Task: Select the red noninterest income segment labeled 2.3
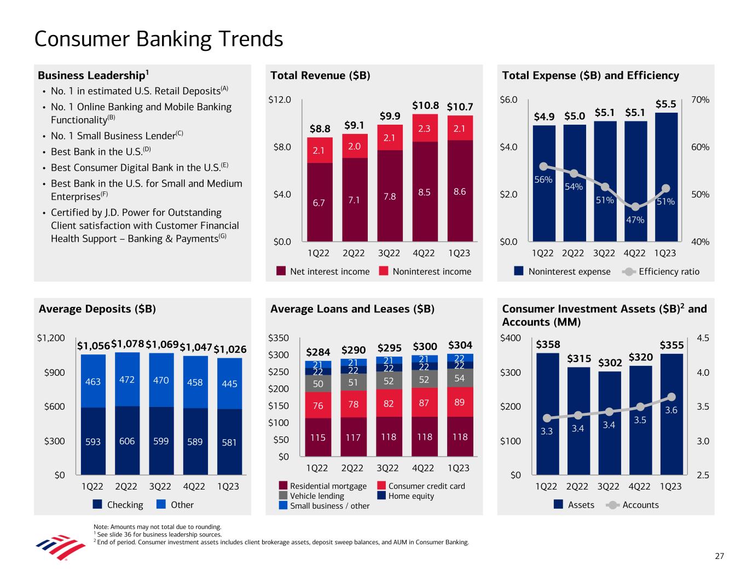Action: (425, 129)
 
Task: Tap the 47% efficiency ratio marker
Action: (635, 207)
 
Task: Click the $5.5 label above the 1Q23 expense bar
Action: (665, 104)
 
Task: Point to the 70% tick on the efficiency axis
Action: (700, 100)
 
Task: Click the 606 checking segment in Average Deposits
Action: (127, 441)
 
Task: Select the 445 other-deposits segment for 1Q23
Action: (229, 384)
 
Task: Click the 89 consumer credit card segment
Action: (459, 403)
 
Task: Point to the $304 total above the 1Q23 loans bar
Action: (460, 345)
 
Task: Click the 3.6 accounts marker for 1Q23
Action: (671, 397)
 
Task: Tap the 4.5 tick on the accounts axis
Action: (703, 339)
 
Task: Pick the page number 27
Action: (719, 556)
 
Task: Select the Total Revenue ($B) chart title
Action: (320, 76)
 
